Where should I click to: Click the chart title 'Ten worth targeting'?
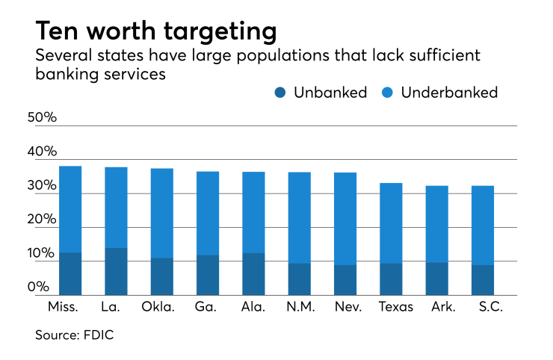coord(155,31)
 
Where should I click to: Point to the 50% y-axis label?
coord(42,118)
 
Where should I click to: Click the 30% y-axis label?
coord(42,186)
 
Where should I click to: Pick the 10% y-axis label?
coord(42,254)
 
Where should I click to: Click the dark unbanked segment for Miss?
coord(69,273)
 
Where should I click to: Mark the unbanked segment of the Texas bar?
coord(390,279)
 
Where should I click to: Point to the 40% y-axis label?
coord(42,152)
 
